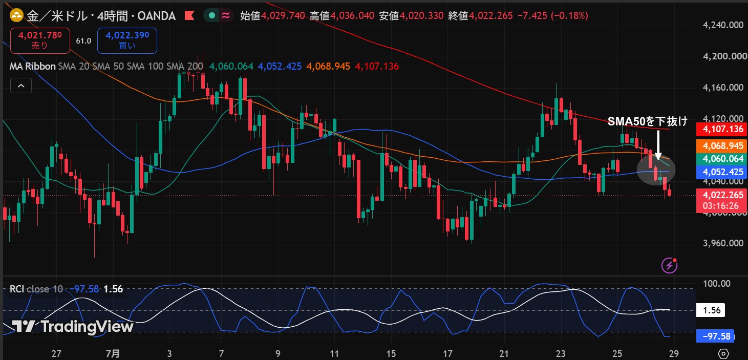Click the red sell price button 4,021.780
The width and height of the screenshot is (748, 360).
(40, 41)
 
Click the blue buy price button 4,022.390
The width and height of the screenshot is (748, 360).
(127, 41)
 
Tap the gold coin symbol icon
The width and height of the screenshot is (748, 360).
(16, 15)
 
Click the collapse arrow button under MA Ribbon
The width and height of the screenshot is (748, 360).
(21, 86)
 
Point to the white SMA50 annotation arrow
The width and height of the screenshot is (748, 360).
(658, 144)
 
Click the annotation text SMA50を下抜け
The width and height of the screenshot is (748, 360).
(648, 121)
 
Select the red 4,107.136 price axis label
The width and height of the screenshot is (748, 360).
(721, 129)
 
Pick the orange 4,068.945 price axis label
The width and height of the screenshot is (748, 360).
(721, 146)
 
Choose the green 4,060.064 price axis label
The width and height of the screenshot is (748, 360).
(721, 159)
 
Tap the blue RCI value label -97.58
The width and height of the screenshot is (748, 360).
(715, 336)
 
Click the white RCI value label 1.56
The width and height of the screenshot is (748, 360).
(711, 310)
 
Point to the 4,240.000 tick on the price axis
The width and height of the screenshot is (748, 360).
(723, 25)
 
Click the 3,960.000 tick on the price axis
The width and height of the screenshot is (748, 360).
(723, 243)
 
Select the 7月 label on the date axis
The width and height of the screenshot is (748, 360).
(113, 353)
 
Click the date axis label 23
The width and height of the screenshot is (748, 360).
(561, 353)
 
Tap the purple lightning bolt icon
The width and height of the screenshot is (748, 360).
(669, 265)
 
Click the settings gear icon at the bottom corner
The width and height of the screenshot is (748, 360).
(723, 353)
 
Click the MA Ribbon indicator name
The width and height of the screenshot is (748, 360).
(32, 67)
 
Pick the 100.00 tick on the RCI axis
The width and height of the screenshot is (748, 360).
(717, 284)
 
